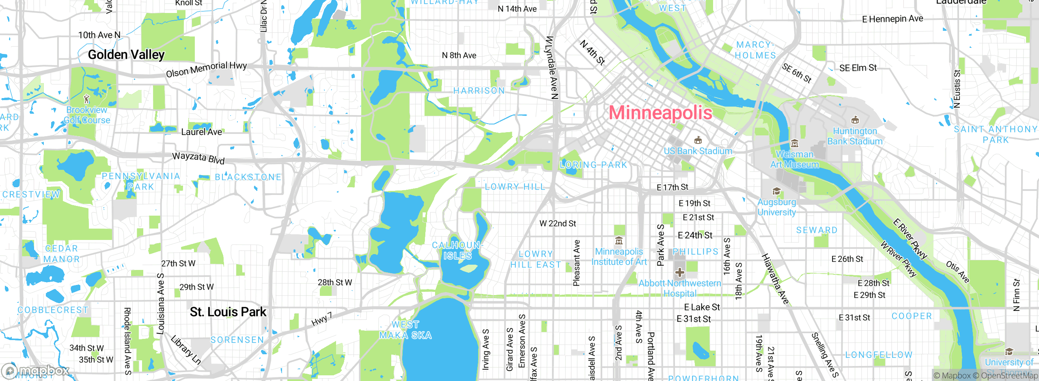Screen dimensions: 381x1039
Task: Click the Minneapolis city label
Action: click(x=660, y=113)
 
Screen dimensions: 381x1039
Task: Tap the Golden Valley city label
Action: click(x=126, y=55)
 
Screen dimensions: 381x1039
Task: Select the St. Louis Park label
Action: click(x=228, y=312)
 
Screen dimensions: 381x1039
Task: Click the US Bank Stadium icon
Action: click(x=698, y=140)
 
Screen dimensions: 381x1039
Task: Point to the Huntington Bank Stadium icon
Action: click(x=855, y=120)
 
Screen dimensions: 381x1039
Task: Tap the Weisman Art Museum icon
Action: click(x=795, y=143)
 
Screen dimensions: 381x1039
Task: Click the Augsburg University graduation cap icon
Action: click(x=776, y=191)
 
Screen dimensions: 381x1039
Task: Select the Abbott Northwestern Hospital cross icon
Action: click(x=680, y=272)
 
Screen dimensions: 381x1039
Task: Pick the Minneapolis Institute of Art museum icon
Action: click(x=619, y=241)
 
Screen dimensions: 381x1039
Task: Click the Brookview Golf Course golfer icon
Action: click(x=86, y=99)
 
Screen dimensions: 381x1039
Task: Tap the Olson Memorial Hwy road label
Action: click(x=206, y=69)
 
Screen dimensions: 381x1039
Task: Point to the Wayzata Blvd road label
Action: click(x=198, y=157)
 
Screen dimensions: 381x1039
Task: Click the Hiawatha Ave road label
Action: click(x=775, y=279)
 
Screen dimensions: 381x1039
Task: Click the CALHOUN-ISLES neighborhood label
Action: click(x=457, y=250)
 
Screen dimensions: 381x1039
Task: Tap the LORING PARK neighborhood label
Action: click(x=593, y=165)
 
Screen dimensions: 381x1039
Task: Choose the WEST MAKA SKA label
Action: click(x=405, y=330)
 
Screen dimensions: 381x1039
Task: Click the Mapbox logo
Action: click(x=36, y=371)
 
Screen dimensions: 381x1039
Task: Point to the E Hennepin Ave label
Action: click(x=892, y=19)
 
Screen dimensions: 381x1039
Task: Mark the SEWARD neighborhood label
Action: click(x=817, y=230)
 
